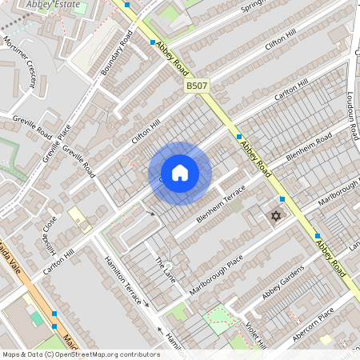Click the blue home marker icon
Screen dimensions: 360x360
click(x=180, y=172)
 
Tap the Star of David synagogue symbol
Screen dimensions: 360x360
click(x=277, y=216)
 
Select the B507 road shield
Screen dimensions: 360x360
click(x=197, y=85)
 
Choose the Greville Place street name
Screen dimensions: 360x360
click(x=56, y=139)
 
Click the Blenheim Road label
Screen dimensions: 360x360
click(x=309, y=150)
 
